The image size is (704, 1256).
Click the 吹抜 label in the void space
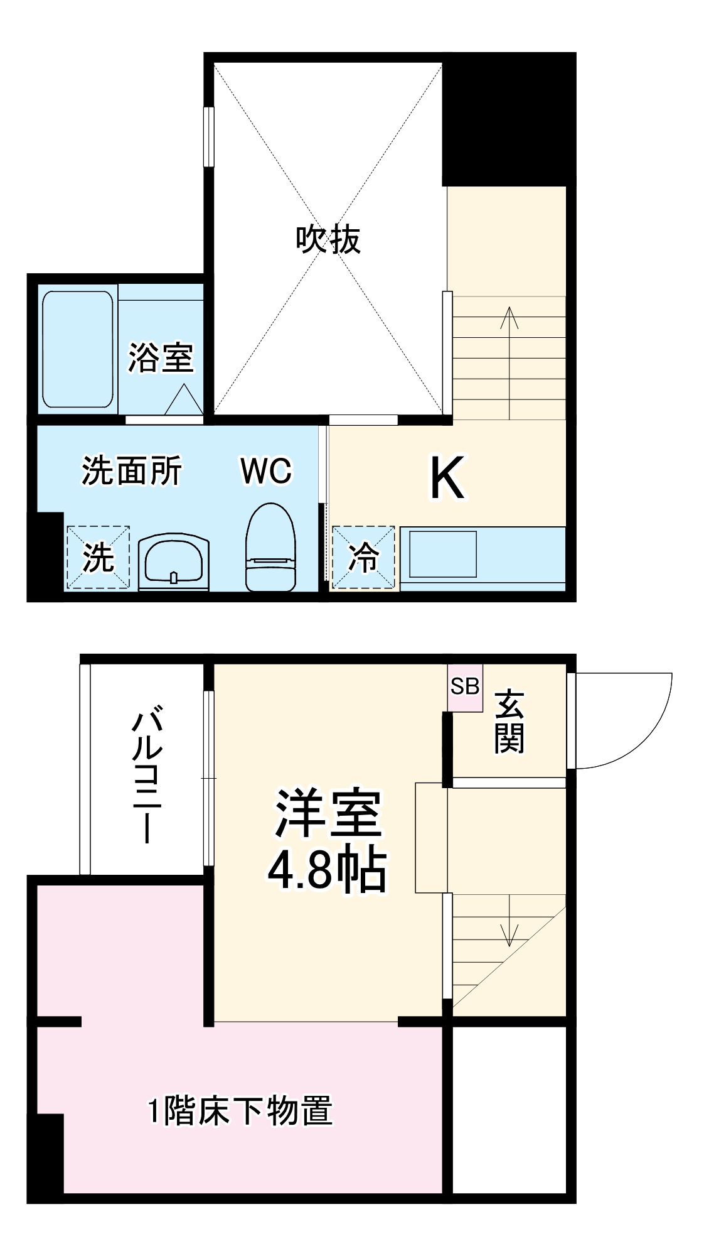[x=328, y=239]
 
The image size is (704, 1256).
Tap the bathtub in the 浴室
[x=78, y=350]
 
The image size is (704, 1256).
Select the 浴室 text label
[x=161, y=357]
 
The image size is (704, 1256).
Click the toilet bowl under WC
[x=270, y=548]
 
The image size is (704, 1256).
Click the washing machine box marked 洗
[x=98, y=558]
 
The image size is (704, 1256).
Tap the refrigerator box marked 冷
[x=364, y=558]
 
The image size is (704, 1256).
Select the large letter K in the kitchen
[x=447, y=478]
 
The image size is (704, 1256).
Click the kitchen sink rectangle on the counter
[x=442, y=554]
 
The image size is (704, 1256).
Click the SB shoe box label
[x=465, y=687]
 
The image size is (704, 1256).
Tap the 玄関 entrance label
[x=509, y=722]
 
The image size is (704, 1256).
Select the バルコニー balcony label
[x=148, y=776]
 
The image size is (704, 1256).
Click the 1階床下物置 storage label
[x=240, y=1110]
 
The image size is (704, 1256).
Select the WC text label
[x=266, y=471]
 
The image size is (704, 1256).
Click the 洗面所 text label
[x=132, y=470]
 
